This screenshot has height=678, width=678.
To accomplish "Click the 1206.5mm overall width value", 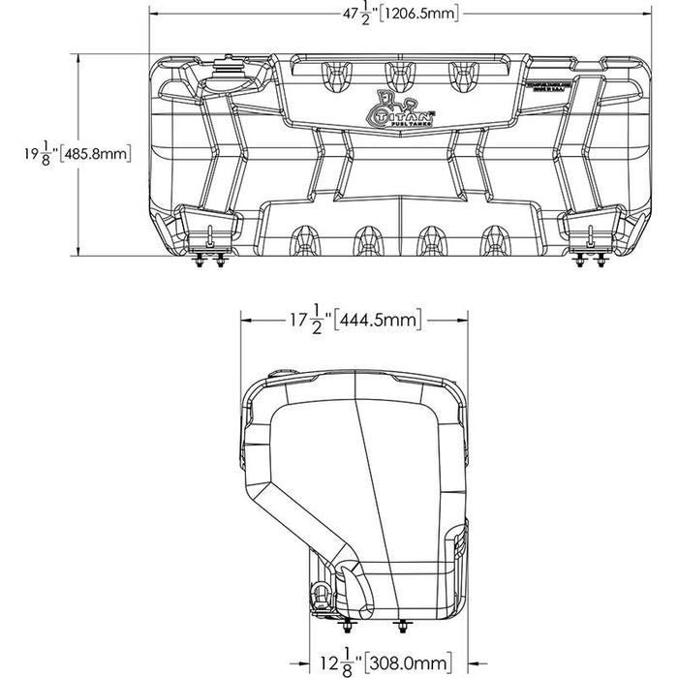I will click(416, 14).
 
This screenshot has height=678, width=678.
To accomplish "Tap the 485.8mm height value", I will click(94, 154).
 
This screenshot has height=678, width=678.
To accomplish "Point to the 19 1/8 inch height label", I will click(36, 154).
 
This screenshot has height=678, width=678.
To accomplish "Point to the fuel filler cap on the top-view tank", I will click(230, 70).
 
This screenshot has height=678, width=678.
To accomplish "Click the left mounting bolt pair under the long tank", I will click(210, 260).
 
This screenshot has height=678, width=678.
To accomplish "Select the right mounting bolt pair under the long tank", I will click(587, 260).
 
